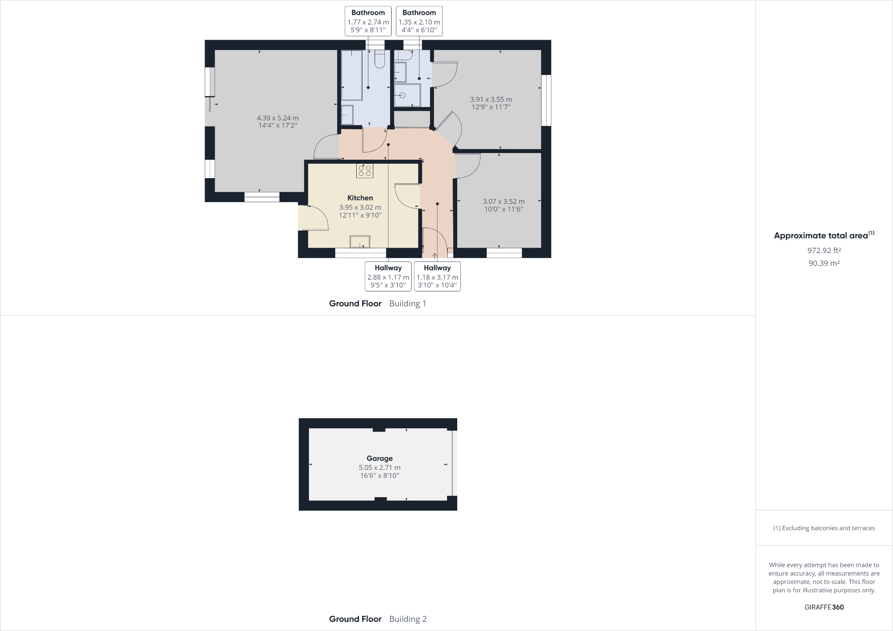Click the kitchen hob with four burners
365,170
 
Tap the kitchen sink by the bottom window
359,241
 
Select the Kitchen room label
360,198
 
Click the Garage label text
380,458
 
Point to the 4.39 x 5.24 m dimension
278,118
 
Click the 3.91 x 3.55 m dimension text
491,100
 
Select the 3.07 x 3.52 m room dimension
504,202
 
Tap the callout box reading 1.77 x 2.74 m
368,21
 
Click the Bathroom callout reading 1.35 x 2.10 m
419,21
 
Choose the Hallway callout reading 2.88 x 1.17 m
388,276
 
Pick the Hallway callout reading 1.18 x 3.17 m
437,276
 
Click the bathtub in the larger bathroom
351,75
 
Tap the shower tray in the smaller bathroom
407,95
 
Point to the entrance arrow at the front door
435,255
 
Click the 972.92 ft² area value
824,250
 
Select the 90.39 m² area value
824,263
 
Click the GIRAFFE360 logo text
824,607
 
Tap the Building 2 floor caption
408,619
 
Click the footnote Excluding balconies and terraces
824,528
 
